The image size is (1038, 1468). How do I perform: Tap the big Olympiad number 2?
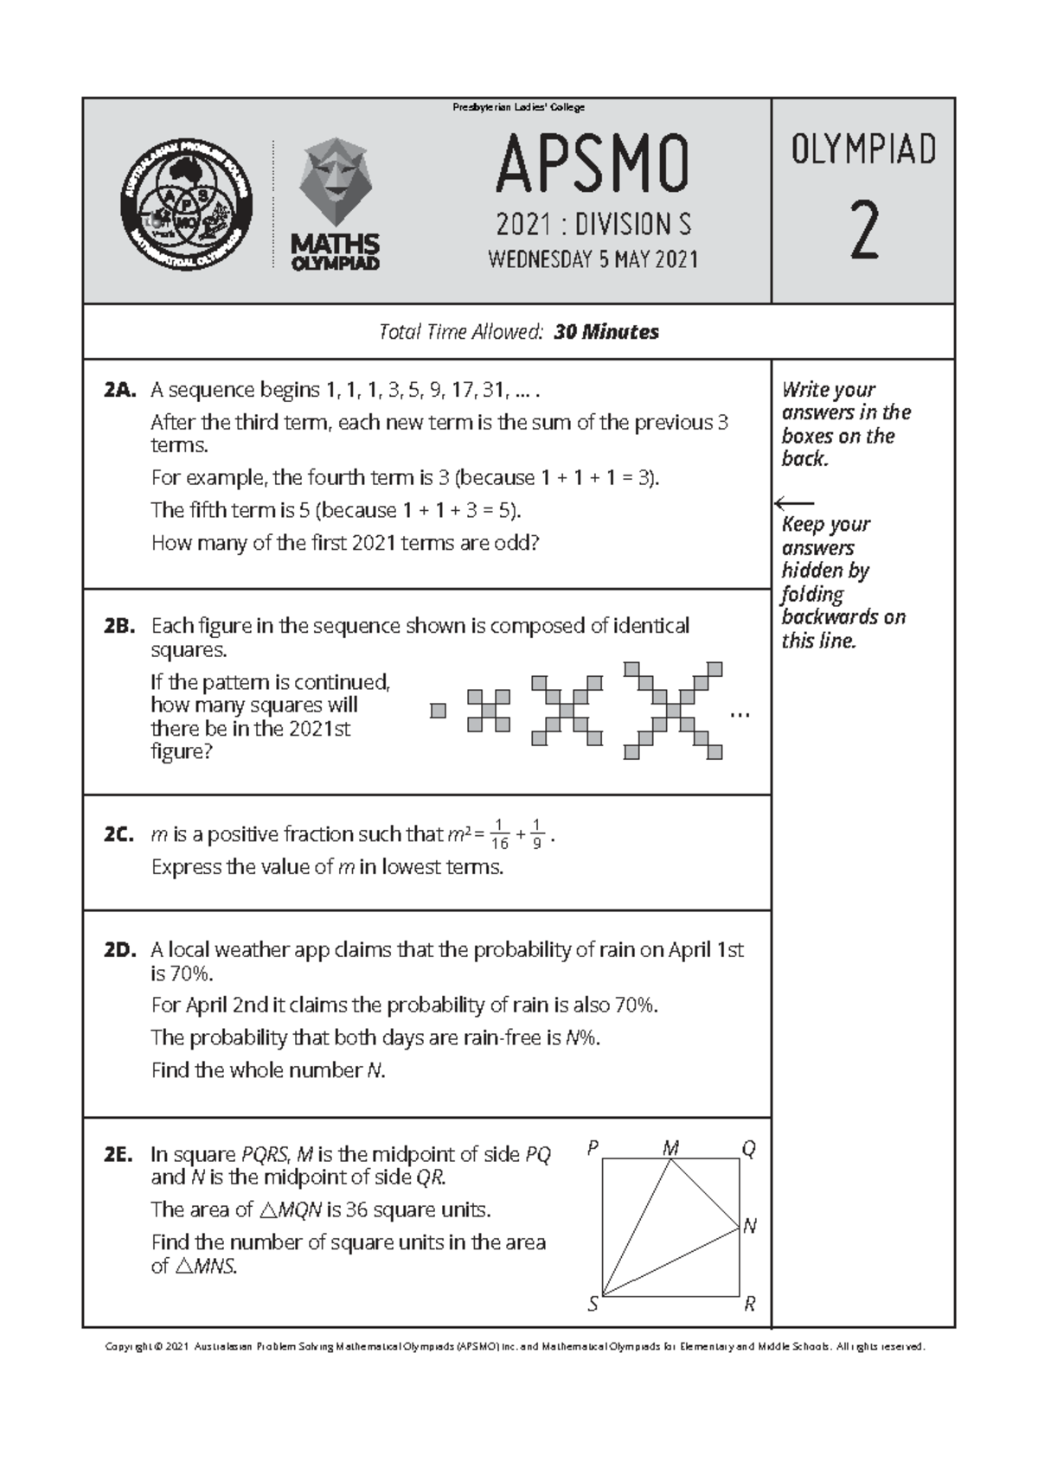(x=863, y=230)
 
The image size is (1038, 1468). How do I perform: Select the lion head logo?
(x=335, y=182)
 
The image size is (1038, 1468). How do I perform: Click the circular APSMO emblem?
(x=186, y=205)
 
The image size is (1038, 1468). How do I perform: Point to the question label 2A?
(x=119, y=390)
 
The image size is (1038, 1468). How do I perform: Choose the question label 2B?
(x=119, y=626)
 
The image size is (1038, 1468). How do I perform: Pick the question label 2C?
(x=119, y=834)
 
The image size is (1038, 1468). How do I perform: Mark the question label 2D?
(x=120, y=950)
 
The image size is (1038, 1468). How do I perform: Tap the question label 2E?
(x=119, y=1155)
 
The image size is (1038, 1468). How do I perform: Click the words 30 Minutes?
(x=606, y=332)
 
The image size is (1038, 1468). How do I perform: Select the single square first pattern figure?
(x=439, y=711)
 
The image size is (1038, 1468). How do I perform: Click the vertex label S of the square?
(x=593, y=1305)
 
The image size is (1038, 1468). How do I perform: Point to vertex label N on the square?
(x=750, y=1226)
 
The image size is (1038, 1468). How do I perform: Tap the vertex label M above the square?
(x=670, y=1148)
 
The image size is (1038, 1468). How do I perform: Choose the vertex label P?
(x=593, y=1148)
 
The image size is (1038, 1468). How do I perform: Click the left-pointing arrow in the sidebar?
(x=794, y=502)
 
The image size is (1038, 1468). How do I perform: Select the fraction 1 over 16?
(x=499, y=834)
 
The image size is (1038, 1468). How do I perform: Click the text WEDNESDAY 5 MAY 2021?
(x=593, y=259)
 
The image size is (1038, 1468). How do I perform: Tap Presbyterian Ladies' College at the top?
(x=519, y=107)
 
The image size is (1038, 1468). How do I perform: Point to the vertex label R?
(x=750, y=1305)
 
